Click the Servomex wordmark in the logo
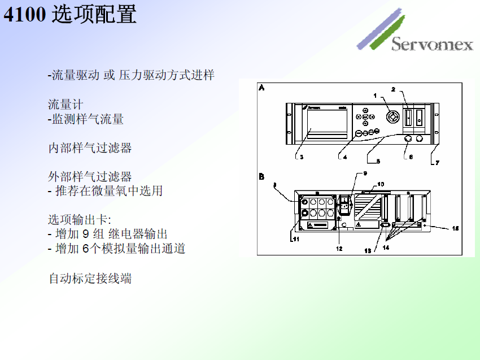(x=432, y=44)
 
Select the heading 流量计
(x=66, y=105)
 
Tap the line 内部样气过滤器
(x=90, y=148)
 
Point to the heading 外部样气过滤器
(x=90, y=177)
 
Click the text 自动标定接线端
(x=90, y=278)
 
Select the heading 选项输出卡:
(x=79, y=220)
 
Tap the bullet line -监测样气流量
(x=85, y=119)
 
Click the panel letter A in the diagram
(x=262, y=88)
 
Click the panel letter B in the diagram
(x=262, y=177)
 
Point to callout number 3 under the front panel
(x=302, y=157)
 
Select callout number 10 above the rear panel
(x=380, y=184)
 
